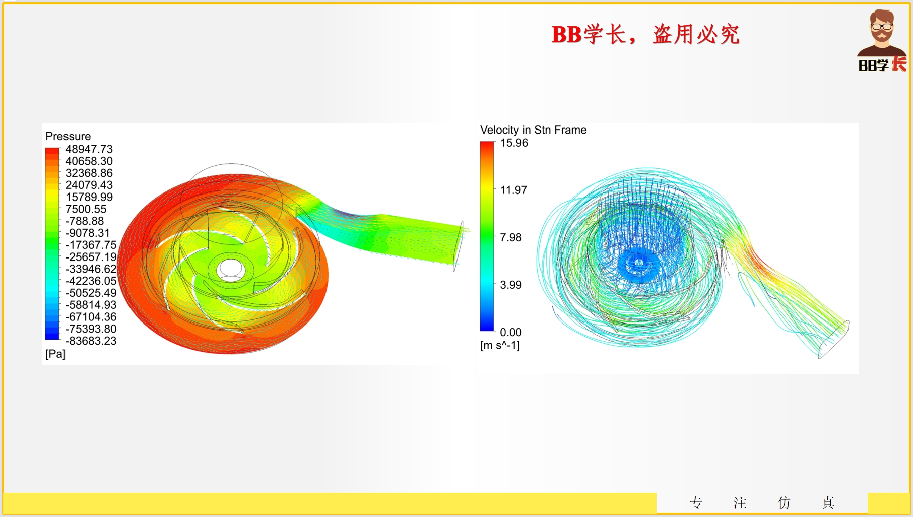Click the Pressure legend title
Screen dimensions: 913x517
click(68, 136)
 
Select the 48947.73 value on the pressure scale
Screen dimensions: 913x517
click(89, 149)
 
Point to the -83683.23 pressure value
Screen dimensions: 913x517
click(91, 341)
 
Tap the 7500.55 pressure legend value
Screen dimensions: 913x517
click(86, 209)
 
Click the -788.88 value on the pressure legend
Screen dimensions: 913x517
click(85, 221)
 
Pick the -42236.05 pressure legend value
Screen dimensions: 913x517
click(91, 281)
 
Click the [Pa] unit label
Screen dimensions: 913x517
click(55, 354)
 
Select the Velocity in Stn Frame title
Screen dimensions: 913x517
click(533, 130)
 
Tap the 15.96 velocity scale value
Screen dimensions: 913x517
click(514, 143)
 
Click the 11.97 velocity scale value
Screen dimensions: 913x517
click(513, 190)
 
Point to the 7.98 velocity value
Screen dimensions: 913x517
click(511, 238)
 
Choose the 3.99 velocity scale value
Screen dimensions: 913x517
click(511, 285)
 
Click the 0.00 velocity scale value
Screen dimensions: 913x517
click(511, 333)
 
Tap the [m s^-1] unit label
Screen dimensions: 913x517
click(500, 346)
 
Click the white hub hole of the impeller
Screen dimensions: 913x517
click(230, 270)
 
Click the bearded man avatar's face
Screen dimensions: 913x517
click(882, 28)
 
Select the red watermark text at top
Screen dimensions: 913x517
click(645, 35)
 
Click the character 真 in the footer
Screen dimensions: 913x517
click(828, 502)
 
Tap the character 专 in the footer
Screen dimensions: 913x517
click(696, 502)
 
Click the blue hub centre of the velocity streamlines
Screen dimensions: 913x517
click(639, 264)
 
